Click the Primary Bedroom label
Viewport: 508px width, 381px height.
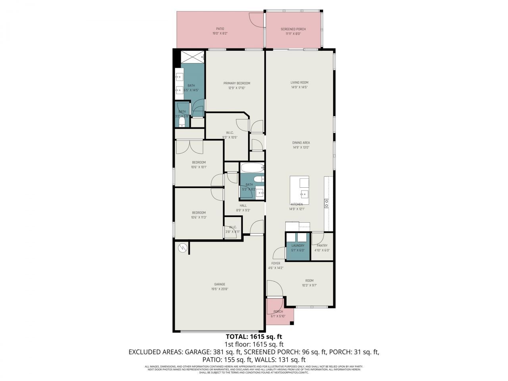pos(237,83)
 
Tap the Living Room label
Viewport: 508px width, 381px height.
pos(299,83)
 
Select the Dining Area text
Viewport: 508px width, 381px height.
pos(301,142)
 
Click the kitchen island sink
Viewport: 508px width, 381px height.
pos(304,194)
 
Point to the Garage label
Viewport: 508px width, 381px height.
pos(219,284)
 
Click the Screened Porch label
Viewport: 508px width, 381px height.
pos(293,29)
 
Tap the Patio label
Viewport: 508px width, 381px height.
pos(220,29)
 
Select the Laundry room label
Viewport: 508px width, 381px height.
pos(298,246)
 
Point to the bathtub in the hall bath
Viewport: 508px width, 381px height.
pos(252,167)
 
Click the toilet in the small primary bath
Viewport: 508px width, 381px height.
pos(182,121)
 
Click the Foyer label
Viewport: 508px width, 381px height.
pos(275,263)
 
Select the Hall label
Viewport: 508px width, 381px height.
pos(243,206)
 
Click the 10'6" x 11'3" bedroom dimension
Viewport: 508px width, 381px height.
pos(199,217)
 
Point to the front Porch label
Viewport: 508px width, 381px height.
pos(278,312)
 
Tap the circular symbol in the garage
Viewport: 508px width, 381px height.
pos(182,248)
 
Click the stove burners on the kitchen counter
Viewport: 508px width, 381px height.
pos(327,204)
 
